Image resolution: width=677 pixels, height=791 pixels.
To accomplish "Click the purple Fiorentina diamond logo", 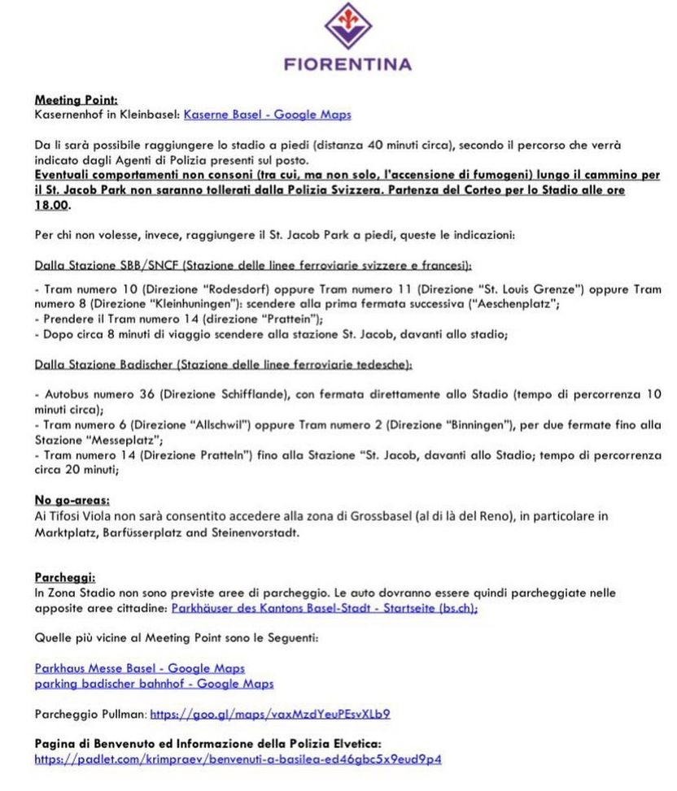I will tap(348, 26).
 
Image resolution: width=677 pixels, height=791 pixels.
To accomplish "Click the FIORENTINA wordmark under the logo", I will tap(348, 63).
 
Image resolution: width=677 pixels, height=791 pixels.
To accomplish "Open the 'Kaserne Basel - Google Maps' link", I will tap(268, 115).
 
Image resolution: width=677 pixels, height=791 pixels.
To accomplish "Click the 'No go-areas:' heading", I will tap(72, 500).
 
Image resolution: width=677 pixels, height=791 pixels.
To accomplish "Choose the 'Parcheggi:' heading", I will tap(65, 577).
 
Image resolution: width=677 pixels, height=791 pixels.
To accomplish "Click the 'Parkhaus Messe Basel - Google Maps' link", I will tap(139, 668).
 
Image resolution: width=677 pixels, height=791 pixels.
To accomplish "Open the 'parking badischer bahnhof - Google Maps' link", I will tap(154, 684).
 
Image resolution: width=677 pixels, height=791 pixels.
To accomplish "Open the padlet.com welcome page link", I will tap(238, 759).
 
